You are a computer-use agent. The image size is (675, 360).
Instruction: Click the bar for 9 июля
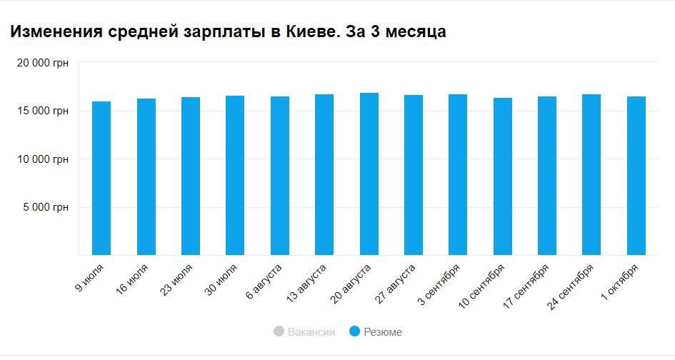pyautogui.click(x=101, y=179)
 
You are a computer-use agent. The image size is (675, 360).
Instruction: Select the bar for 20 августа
pyautogui.click(x=369, y=174)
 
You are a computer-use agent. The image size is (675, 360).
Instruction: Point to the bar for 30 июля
pyautogui.click(x=235, y=176)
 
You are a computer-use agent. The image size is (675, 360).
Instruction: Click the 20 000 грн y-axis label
pyautogui.click(x=43, y=63)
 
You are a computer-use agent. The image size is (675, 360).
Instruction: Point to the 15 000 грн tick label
pyautogui.click(x=43, y=111)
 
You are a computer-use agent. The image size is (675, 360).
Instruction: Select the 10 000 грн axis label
pyautogui.click(x=43, y=159)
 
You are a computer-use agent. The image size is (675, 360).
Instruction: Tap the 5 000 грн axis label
pyautogui.click(x=47, y=208)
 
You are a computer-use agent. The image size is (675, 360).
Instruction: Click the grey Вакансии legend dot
pyautogui.click(x=279, y=332)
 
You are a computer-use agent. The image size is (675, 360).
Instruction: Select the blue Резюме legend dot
pyautogui.click(x=354, y=332)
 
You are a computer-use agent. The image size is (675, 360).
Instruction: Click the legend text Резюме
pyautogui.click(x=383, y=332)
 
